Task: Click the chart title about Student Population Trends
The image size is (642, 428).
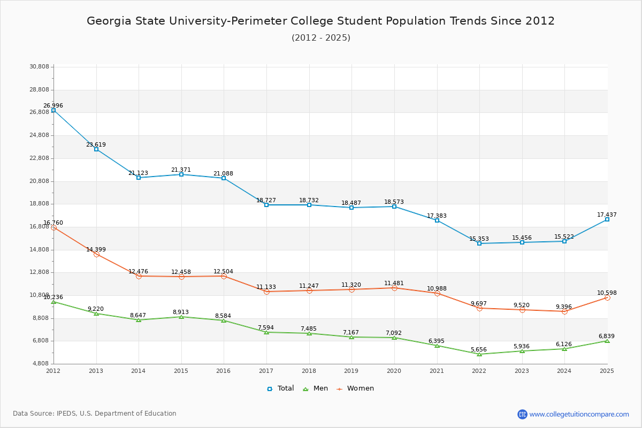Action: pos(320,21)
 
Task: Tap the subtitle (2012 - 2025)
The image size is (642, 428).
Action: pos(320,38)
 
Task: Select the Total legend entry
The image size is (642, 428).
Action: pos(280,388)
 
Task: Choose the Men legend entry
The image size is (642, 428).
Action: pos(316,388)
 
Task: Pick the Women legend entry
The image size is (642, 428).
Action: pos(355,388)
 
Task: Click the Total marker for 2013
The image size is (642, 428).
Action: pos(96,149)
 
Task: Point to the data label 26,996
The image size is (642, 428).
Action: pos(53,106)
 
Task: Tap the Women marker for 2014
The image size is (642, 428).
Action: pos(139,276)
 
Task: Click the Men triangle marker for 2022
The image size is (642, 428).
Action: pos(479,354)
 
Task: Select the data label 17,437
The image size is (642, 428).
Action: pos(607,215)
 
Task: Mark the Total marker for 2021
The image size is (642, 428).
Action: pos(437,220)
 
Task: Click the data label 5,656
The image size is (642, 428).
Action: pos(479,350)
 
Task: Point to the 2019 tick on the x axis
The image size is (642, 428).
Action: pos(351,371)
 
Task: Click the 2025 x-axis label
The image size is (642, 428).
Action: pos(607,371)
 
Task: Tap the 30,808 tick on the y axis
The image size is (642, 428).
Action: pos(39,67)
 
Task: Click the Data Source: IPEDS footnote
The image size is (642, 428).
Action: pos(95,414)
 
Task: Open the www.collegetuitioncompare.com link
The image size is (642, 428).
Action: pos(579,414)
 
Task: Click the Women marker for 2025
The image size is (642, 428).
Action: pos(607,297)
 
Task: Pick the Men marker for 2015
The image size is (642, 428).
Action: pos(181,317)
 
